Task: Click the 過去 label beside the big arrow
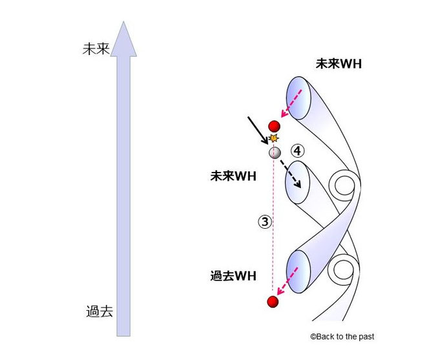click(x=99, y=310)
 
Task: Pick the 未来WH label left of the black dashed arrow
click(x=233, y=175)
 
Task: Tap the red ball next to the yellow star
click(x=274, y=126)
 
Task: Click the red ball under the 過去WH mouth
click(x=273, y=302)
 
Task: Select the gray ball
click(x=275, y=153)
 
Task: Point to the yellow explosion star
click(x=274, y=138)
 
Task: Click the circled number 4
click(x=297, y=151)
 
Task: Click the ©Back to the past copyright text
click(x=342, y=337)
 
